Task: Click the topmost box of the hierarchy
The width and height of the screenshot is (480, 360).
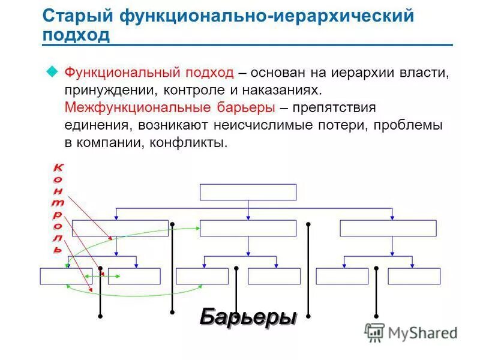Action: pos(248,192)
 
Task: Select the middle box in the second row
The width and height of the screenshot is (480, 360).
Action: pos(248,228)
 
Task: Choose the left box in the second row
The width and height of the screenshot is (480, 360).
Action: pos(120,228)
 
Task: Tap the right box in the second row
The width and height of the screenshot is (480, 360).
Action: pos(388,228)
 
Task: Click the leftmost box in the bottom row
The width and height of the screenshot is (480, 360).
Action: pos(66,276)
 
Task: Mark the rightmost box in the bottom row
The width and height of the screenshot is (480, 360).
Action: pos(414,276)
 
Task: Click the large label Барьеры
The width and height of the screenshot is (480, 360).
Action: pos(248,316)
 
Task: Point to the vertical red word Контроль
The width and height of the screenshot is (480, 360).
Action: pos(57,207)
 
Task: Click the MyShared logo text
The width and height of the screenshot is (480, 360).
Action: pos(422,332)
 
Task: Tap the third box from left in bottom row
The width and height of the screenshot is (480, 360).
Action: pos(202,276)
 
